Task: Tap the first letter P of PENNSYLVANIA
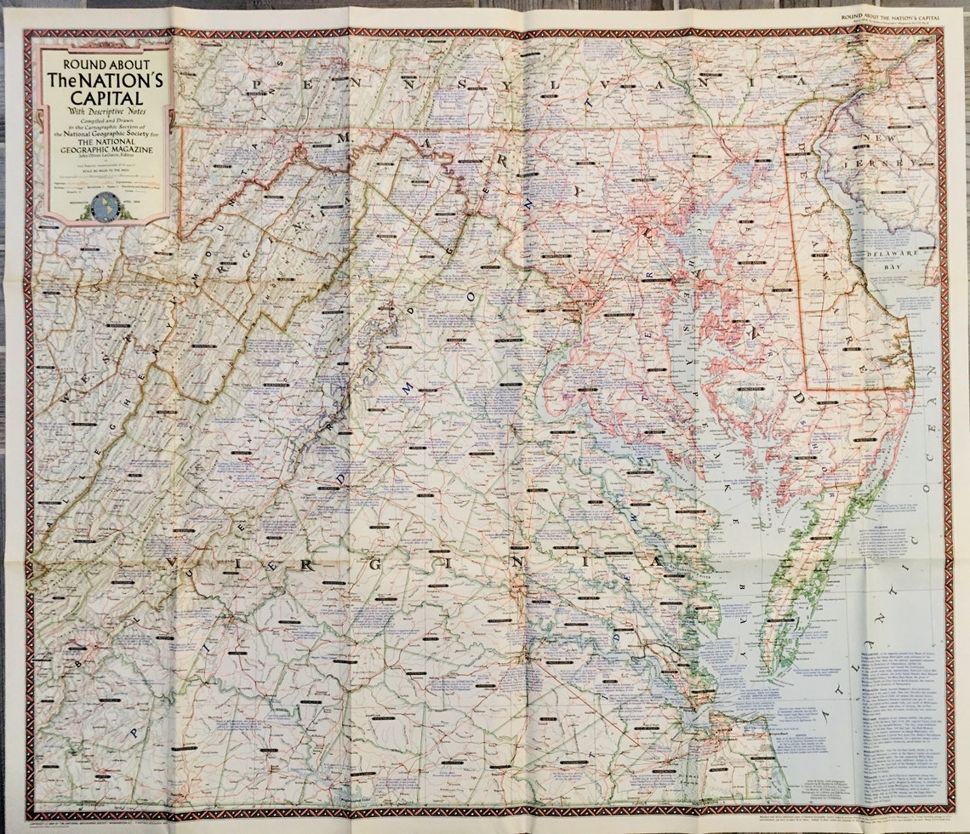tap(258, 83)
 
